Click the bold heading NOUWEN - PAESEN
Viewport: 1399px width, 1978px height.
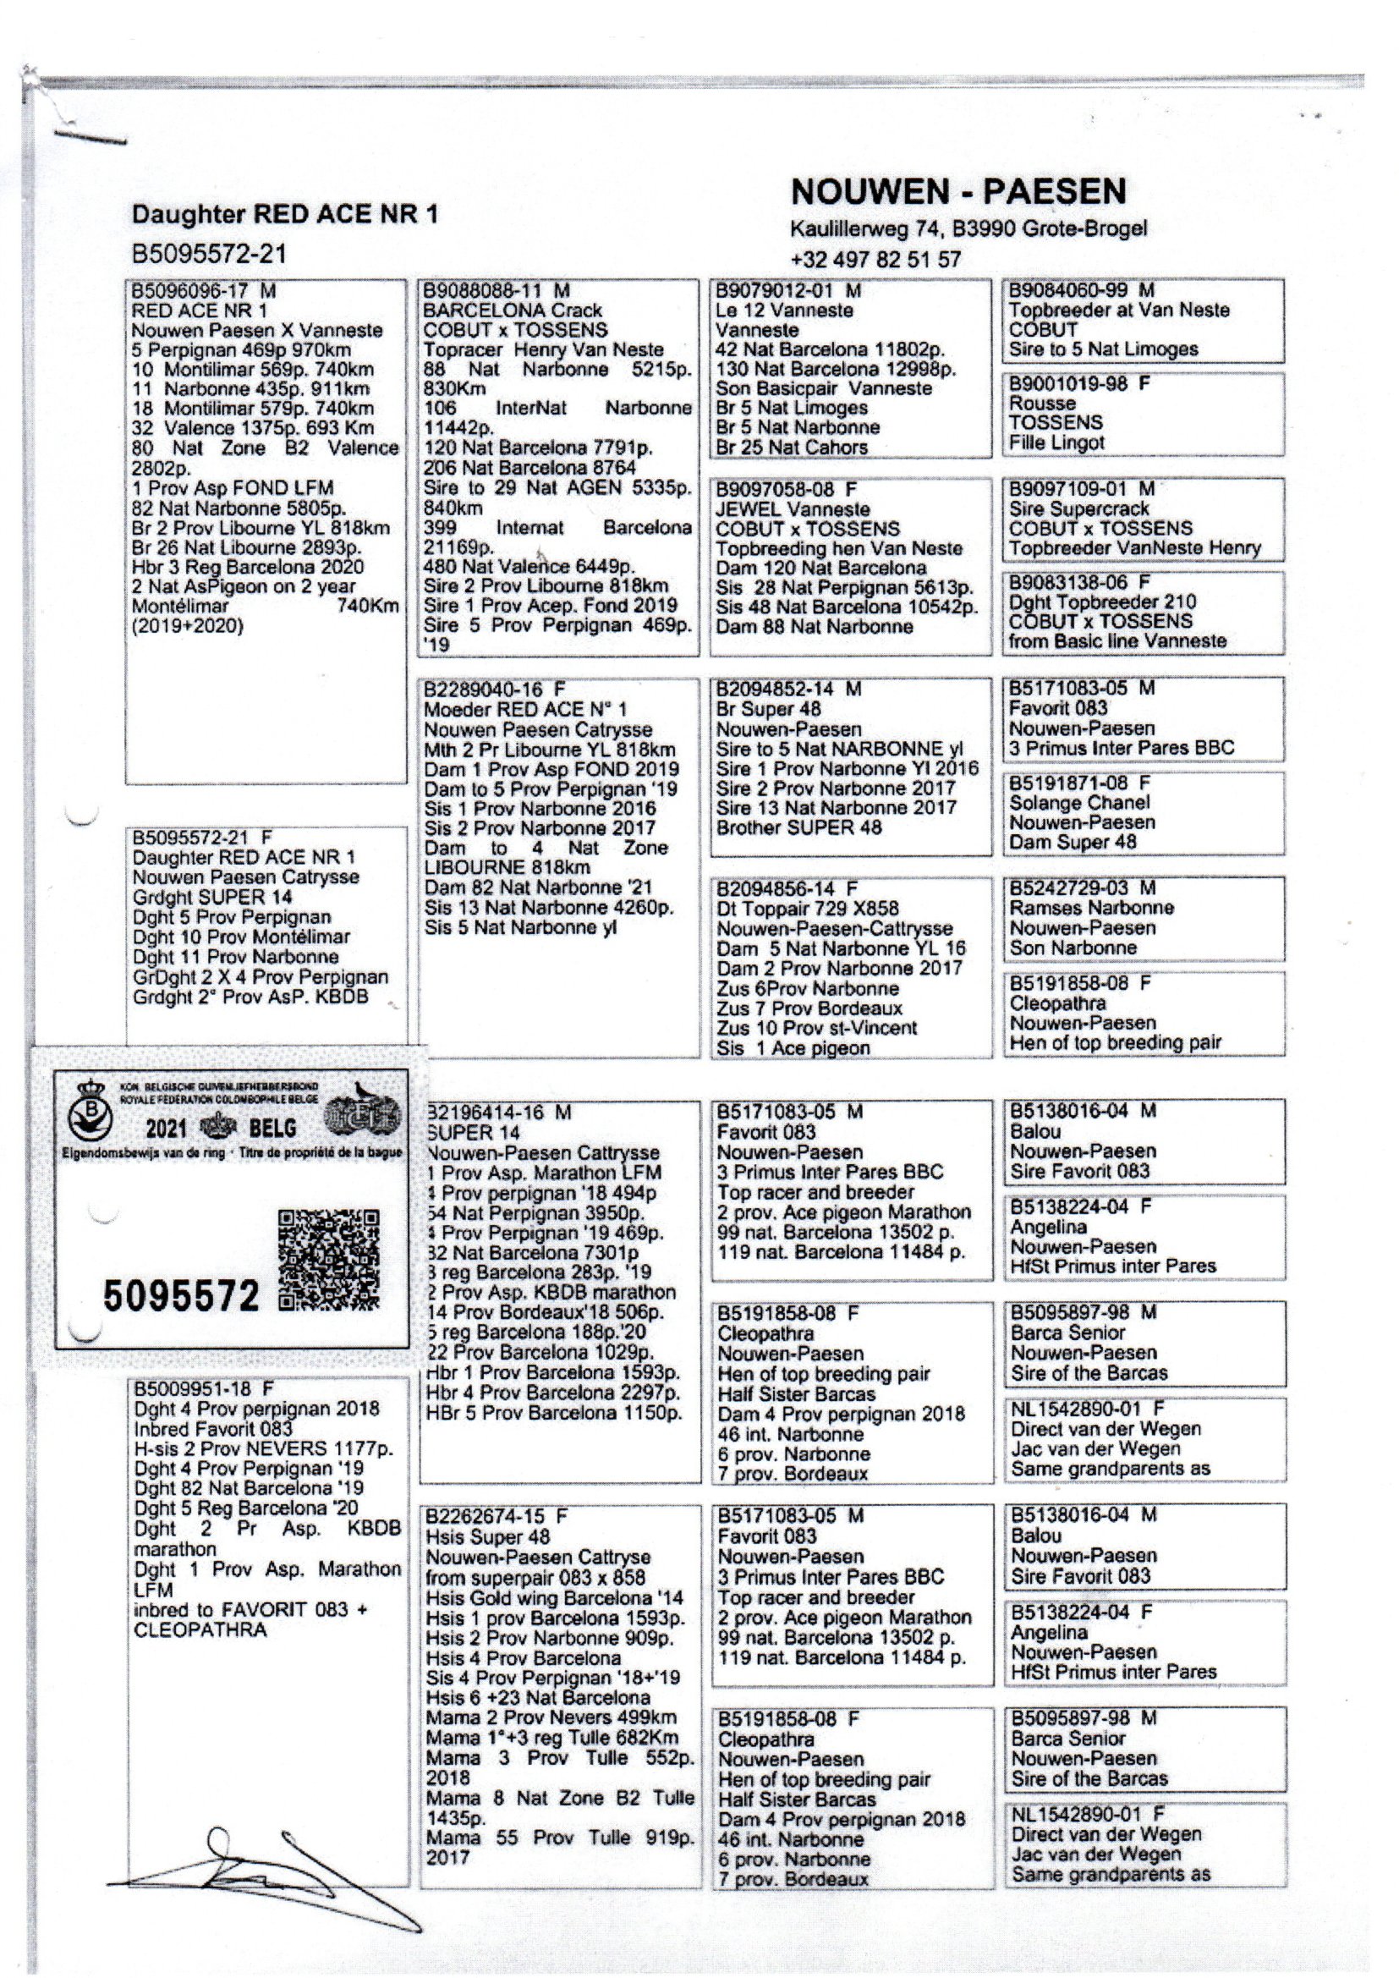(958, 191)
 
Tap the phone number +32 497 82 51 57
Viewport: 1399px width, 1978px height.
(875, 260)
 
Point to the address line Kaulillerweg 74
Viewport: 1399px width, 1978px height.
(968, 229)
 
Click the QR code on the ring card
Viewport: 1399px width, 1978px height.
(328, 1261)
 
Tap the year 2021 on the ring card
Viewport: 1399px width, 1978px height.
(167, 1129)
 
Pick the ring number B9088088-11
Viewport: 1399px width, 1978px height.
(485, 291)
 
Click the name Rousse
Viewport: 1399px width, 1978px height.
(1042, 404)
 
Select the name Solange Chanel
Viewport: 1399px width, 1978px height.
(1079, 803)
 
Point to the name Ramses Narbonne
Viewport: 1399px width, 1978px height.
(1091, 908)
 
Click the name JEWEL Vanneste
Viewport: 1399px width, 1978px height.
(793, 509)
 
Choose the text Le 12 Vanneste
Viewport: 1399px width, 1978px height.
(784, 310)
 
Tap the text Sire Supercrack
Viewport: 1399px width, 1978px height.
(1079, 508)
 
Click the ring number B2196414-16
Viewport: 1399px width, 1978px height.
(486, 1113)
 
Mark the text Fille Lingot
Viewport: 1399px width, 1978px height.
(1057, 442)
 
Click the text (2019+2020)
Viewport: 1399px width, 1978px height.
(188, 625)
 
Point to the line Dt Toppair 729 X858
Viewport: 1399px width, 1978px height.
(807, 909)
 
